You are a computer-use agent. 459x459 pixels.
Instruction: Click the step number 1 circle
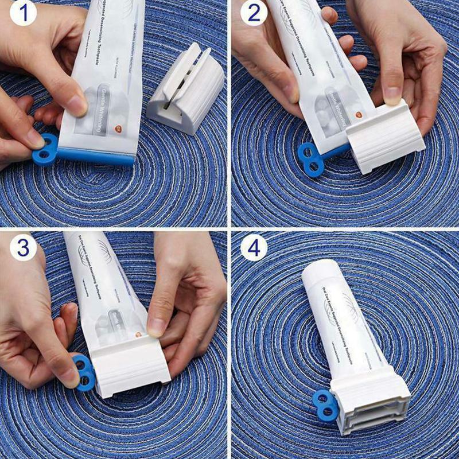(x=19, y=14)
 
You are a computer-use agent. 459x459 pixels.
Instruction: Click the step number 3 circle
(x=22, y=248)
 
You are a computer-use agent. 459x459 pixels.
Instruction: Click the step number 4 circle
(x=254, y=248)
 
